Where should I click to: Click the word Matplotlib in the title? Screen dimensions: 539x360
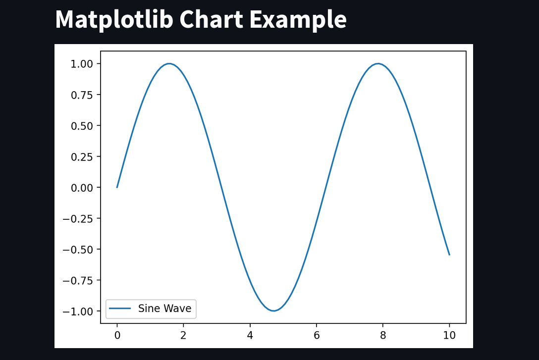click(x=114, y=20)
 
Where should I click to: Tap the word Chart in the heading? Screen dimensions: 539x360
click(x=212, y=19)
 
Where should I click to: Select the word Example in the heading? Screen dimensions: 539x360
click(x=298, y=20)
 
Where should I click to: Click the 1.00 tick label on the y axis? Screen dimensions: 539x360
click(x=82, y=64)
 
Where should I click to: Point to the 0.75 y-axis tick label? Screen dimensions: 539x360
click(x=82, y=95)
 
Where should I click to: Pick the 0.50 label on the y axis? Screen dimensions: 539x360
click(x=82, y=126)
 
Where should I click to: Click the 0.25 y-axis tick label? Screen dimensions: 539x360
click(x=82, y=156)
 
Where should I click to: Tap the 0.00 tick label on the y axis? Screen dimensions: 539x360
click(x=82, y=188)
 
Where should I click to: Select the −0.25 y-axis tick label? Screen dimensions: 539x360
click(x=78, y=218)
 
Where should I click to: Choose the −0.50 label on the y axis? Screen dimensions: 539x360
click(x=78, y=250)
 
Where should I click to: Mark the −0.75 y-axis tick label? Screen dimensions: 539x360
click(x=78, y=280)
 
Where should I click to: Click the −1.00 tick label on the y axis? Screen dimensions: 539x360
click(x=78, y=311)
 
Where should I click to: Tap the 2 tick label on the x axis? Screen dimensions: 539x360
click(x=183, y=335)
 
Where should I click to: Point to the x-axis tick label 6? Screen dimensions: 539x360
click(x=317, y=335)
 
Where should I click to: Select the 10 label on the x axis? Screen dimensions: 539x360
click(x=449, y=335)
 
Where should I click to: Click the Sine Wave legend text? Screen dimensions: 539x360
click(x=164, y=309)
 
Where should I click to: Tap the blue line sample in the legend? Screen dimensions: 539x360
click(x=120, y=309)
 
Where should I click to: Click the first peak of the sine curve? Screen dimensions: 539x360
click(x=169, y=63)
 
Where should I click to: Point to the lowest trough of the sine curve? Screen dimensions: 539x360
click(x=273, y=311)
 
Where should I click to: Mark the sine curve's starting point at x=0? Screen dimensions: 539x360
click(x=117, y=187)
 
